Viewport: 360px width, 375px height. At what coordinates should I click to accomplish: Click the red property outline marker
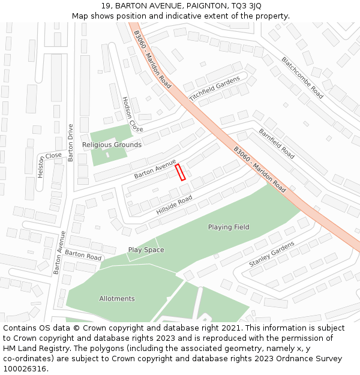tap(180, 172)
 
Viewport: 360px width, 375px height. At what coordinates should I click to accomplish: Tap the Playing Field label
tap(229, 227)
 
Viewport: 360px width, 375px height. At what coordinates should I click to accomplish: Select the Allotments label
tap(117, 299)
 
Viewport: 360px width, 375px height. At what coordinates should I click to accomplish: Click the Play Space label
tap(146, 250)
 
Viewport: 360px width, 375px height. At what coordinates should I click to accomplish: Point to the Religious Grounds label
tap(112, 145)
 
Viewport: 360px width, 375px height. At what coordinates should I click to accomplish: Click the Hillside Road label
tap(174, 206)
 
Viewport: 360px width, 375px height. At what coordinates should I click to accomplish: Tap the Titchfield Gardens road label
tap(214, 88)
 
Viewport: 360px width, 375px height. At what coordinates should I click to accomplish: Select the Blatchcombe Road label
tap(303, 77)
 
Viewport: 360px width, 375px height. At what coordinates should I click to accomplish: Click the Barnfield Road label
tap(277, 143)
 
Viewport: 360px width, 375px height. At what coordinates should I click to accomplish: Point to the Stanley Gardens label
tap(272, 254)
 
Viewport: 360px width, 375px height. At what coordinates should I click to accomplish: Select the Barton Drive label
tap(71, 143)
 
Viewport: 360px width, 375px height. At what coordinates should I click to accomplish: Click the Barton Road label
tap(83, 255)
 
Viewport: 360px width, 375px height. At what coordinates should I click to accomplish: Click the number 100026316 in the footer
tap(26, 368)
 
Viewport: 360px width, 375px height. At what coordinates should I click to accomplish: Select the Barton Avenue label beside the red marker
tap(155, 169)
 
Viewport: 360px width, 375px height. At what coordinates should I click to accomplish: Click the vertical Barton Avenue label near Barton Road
tap(59, 253)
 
